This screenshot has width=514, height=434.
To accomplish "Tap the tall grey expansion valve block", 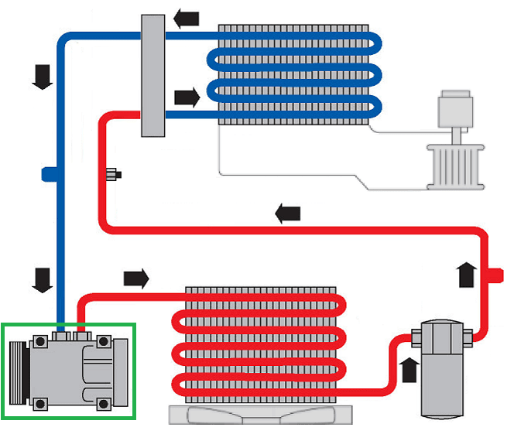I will click(x=155, y=75).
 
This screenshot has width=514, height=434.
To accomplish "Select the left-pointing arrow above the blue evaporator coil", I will click(x=186, y=16).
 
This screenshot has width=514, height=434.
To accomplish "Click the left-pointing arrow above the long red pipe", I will click(x=287, y=214).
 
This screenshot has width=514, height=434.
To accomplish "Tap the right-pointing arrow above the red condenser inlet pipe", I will click(x=135, y=277).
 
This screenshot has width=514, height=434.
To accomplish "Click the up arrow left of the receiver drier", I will click(x=409, y=367).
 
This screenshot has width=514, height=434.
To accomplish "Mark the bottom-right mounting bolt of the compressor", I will click(x=104, y=403).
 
